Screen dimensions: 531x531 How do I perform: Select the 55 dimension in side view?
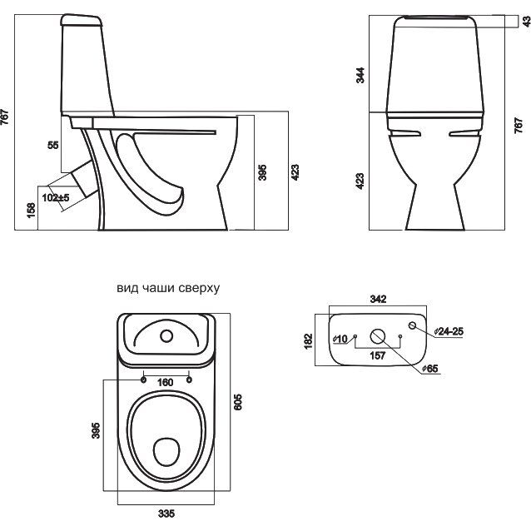pos(53,145)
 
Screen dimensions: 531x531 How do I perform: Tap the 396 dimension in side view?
pos(263,172)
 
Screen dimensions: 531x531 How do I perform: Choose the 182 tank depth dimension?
pos(310,340)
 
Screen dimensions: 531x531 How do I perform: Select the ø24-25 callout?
pos(448,331)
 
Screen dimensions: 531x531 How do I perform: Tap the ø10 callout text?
pos(340,340)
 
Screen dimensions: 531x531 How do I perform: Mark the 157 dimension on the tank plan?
pos(379,355)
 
